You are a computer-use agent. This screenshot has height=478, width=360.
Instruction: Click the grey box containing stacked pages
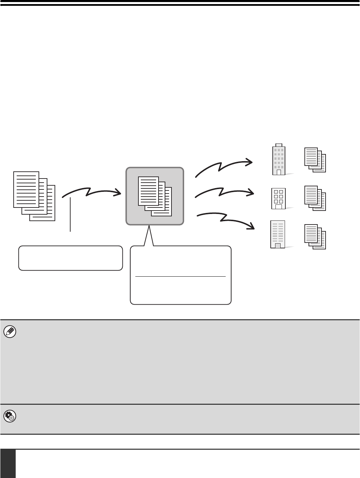pos(155,196)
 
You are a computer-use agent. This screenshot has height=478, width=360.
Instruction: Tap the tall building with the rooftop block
pos(279,159)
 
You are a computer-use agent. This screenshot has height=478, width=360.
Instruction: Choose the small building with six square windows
pos(279,198)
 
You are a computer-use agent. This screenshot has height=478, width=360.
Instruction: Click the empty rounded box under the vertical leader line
pos(71,258)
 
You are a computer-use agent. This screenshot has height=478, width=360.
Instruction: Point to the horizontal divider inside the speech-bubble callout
pos(180,276)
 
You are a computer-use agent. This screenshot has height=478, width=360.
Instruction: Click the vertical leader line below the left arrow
pos(71,215)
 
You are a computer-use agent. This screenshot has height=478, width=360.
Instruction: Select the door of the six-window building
pos(279,206)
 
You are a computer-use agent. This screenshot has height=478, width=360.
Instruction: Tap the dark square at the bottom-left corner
pos(8,463)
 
